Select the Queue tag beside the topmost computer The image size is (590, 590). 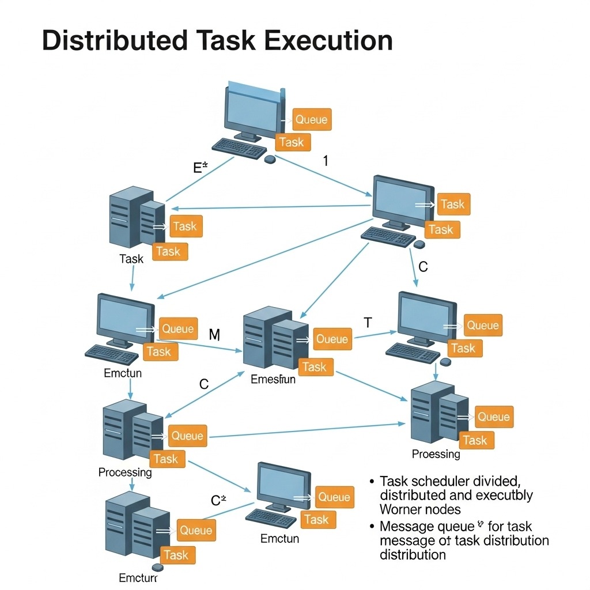pyautogui.click(x=311, y=120)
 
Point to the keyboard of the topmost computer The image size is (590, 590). pyautogui.click(x=239, y=149)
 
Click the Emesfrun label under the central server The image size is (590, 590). pyautogui.click(x=273, y=380)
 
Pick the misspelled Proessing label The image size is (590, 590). pyautogui.click(x=436, y=454)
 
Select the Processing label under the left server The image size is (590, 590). pyautogui.click(x=125, y=472)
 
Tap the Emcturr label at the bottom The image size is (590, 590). pyautogui.click(x=138, y=577)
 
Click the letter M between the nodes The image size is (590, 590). pyautogui.click(x=214, y=334)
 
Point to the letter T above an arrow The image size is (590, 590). pyautogui.click(x=368, y=323)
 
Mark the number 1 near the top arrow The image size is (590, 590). pyautogui.click(x=326, y=161)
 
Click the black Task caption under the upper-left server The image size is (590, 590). pyautogui.click(x=131, y=259)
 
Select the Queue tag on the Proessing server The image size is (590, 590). pyautogui.click(x=494, y=417)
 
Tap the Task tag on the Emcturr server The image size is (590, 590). pyautogui.click(x=176, y=555)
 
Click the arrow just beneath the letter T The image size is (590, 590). pyautogui.click(x=375, y=335)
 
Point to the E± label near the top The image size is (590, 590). pyautogui.click(x=200, y=168)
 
